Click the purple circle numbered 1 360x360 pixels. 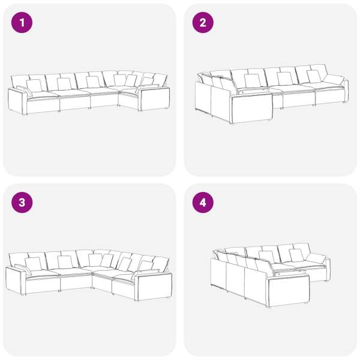[22, 23]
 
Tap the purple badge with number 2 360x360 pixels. [203, 23]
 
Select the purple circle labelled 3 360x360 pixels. [22, 203]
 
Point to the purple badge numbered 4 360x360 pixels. [203, 203]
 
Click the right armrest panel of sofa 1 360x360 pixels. [155, 99]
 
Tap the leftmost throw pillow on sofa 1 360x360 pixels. [25, 91]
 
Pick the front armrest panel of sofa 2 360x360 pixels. [252, 108]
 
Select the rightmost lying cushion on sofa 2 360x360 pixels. [334, 80]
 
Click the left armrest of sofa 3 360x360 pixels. [16, 281]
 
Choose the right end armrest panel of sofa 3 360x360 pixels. [153, 286]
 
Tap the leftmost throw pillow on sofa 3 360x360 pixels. [23, 269]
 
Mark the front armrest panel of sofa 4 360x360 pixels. [289, 291]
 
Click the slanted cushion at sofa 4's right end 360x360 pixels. [316, 259]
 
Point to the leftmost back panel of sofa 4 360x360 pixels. [218, 273]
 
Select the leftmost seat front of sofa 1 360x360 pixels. [43, 106]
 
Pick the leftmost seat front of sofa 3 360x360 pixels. [43, 285]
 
